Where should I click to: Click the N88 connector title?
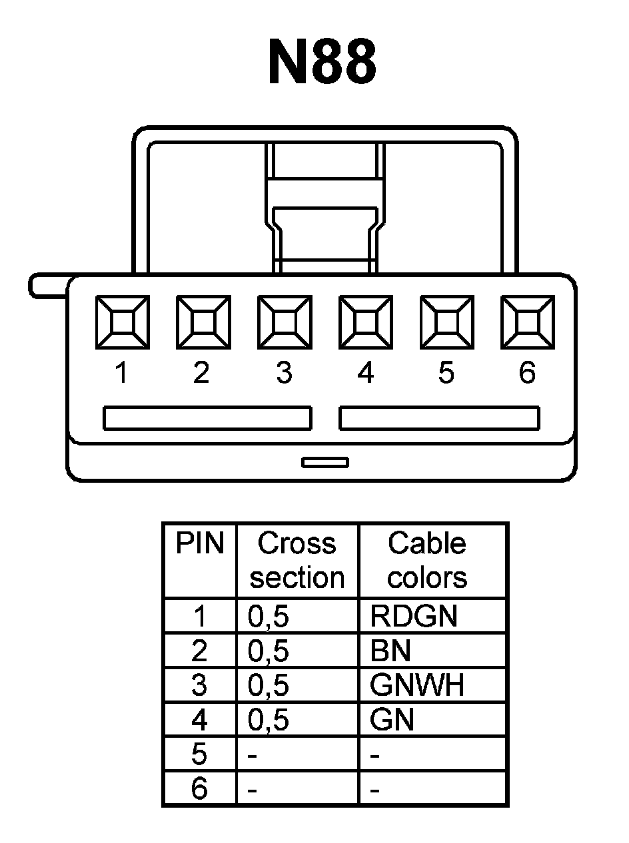322,63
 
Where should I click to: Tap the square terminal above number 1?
121,322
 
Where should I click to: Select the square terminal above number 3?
284,322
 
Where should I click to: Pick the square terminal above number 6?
528,322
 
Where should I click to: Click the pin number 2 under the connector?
201,374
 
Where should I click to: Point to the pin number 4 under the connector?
365,374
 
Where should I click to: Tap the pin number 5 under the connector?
446,374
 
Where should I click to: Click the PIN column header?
199,544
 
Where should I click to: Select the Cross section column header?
297,561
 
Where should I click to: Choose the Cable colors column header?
427,561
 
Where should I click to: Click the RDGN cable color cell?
414,617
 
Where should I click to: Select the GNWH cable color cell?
417,685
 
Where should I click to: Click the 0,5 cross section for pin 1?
269,617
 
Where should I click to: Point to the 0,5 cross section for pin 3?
269,686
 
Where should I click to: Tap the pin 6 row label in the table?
199,790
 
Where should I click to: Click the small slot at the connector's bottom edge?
325,462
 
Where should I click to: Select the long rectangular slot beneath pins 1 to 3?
207,418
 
